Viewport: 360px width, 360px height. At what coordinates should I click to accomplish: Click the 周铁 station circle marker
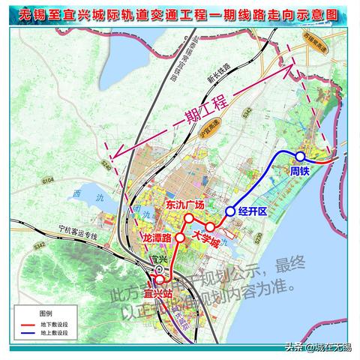299,156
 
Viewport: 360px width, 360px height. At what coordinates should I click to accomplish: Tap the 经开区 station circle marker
230,211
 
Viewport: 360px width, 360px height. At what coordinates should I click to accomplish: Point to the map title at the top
180,13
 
